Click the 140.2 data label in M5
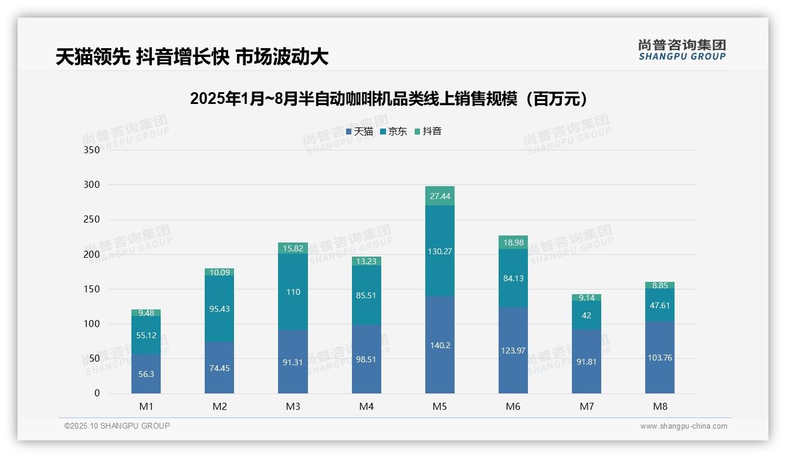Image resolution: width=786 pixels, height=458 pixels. pyautogui.click(x=440, y=345)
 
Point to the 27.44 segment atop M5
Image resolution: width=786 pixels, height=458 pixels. pyautogui.click(x=440, y=196)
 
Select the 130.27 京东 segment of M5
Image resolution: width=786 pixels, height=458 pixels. pyautogui.click(x=440, y=251)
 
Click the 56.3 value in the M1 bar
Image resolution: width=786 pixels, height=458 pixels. pyautogui.click(x=146, y=374)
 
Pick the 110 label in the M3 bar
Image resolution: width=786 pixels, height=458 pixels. pyautogui.click(x=293, y=292)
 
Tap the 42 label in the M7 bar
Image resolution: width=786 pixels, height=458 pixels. pyautogui.click(x=587, y=315)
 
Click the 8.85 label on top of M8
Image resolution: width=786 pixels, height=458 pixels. pyautogui.click(x=660, y=285)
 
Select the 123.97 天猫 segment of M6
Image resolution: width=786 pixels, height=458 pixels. pyautogui.click(x=513, y=351)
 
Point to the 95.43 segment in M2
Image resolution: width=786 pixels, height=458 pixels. pyautogui.click(x=219, y=309)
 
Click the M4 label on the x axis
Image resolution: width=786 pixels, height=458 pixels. pyautogui.click(x=366, y=406)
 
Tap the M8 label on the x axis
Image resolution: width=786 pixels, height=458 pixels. pyautogui.click(x=660, y=406)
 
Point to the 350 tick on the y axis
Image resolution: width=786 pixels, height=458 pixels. pyautogui.click(x=92, y=150)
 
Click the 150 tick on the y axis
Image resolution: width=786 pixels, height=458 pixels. pyautogui.click(x=92, y=289)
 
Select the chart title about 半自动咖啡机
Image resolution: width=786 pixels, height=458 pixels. pyautogui.click(x=389, y=99)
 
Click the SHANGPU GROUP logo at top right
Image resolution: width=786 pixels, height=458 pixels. pyautogui.click(x=682, y=50)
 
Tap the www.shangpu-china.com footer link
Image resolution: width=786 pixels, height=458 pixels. pyautogui.click(x=683, y=426)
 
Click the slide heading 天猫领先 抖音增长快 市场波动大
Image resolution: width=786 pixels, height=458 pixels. pyautogui.click(x=192, y=57)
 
